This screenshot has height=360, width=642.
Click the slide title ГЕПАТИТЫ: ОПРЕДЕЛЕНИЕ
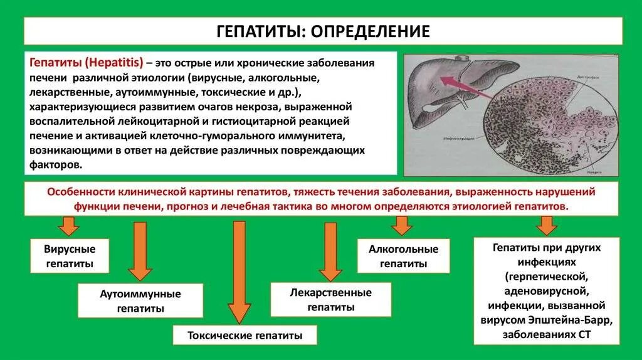(323, 31)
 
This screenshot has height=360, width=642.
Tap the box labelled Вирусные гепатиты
(70, 256)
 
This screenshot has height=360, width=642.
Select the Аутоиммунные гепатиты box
(140, 300)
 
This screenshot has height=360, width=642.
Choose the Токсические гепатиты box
(245, 336)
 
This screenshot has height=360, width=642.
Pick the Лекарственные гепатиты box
(330, 300)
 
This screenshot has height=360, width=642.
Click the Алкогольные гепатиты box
(403, 256)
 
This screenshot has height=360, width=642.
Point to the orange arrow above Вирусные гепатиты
(69, 225)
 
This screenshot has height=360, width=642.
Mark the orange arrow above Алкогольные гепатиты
(402, 225)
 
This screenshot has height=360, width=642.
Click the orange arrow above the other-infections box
(546, 225)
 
